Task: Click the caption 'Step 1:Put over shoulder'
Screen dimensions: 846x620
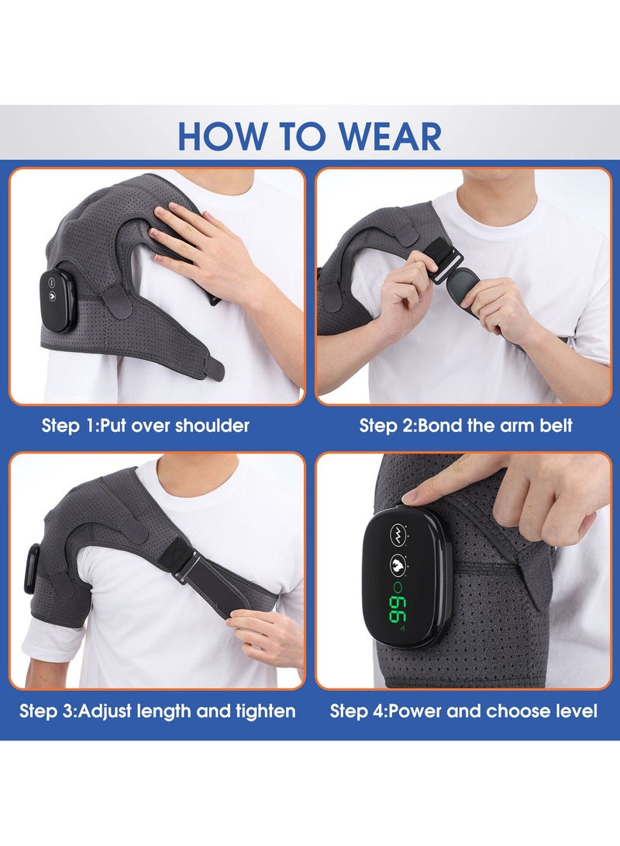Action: [146, 426]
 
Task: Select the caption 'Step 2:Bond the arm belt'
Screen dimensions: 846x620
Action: [466, 426]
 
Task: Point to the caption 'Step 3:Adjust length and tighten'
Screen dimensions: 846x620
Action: [157, 711]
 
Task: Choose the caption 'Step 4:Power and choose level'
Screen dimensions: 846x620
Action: [463, 711]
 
